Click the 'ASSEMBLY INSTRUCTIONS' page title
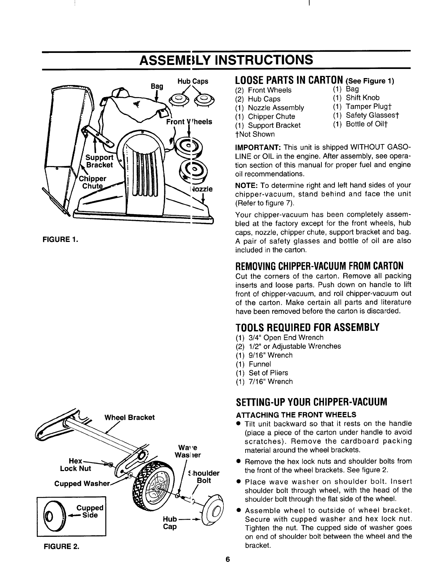click(226, 59)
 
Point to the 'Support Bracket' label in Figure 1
click(99, 161)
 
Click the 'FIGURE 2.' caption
click(60, 546)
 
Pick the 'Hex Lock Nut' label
click(76, 465)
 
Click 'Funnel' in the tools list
click(260, 364)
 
